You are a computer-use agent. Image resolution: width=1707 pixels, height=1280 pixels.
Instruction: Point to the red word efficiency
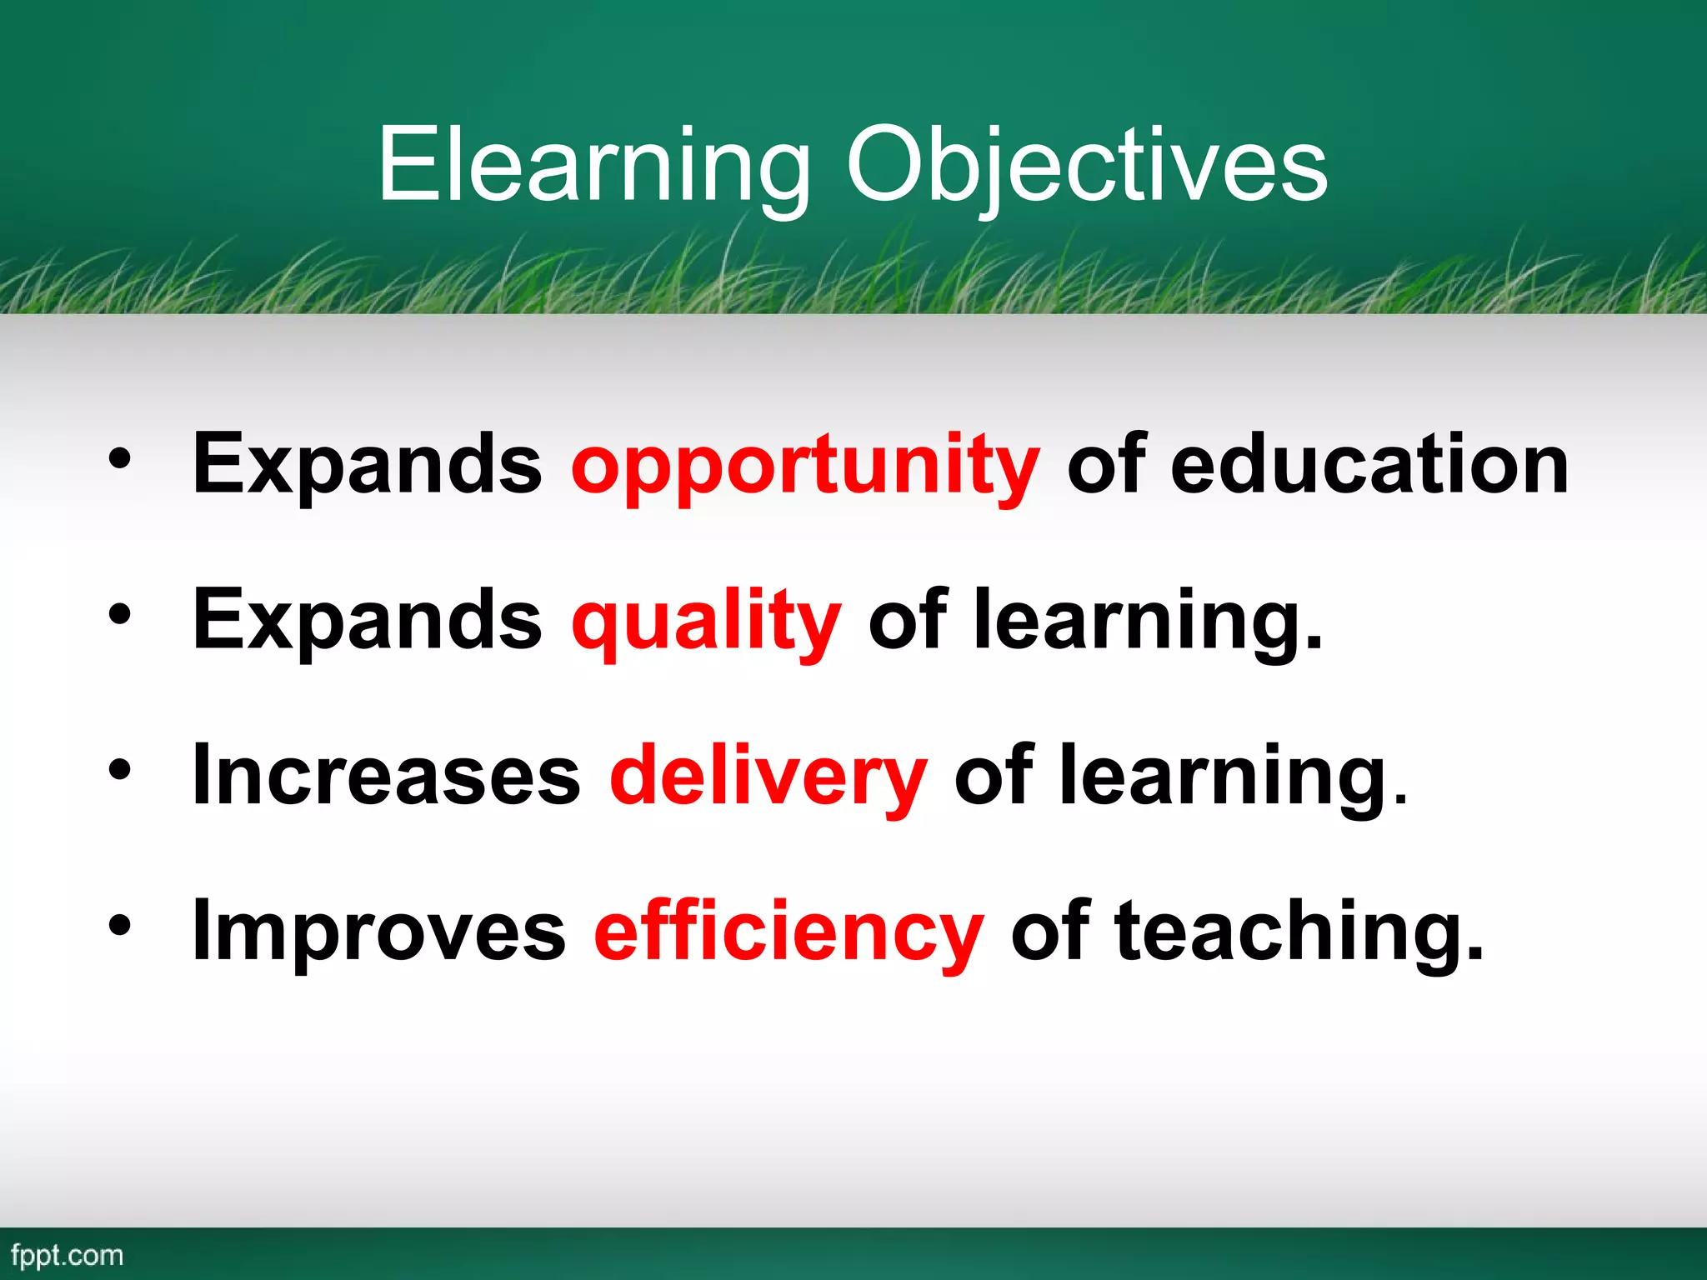pyautogui.click(x=788, y=931)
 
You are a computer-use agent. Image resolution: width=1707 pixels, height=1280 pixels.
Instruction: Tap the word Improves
pyautogui.click(x=378, y=931)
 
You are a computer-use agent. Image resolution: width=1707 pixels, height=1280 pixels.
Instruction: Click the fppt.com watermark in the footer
pyautogui.click(x=67, y=1256)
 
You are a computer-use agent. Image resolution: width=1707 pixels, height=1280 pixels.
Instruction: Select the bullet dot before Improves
pyautogui.click(x=120, y=925)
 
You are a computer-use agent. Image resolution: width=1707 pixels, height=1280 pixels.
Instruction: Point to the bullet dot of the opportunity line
pyautogui.click(x=120, y=458)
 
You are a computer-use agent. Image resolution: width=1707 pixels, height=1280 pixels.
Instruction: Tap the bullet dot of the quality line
pyautogui.click(x=120, y=614)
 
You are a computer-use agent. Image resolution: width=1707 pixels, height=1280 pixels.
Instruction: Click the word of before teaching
pyautogui.click(x=1049, y=931)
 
